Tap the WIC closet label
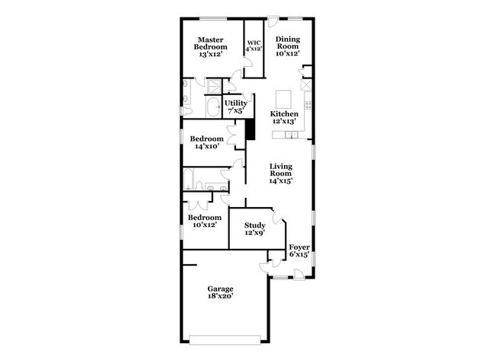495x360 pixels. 253,46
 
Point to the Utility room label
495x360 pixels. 235,107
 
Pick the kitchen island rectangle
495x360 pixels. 284,98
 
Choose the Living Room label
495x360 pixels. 281,174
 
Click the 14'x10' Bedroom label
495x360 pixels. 206,142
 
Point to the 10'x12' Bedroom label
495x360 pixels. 204,221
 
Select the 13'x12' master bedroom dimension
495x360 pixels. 212,55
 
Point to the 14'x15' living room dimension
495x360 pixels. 281,181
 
